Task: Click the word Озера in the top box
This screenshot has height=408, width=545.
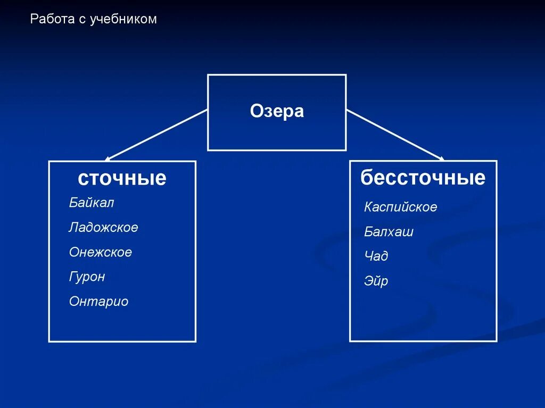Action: [277, 112]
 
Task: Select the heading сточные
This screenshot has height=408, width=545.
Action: [122, 178]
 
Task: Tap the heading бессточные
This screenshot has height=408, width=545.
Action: [423, 177]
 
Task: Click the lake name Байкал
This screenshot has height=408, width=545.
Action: [92, 203]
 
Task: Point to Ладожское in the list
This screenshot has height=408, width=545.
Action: [103, 228]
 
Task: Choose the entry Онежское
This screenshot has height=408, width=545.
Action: [100, 252]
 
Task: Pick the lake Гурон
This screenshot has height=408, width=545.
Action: [87, 277]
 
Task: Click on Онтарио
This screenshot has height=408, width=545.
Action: [98, 302]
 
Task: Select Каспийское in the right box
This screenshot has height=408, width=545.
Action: [400, 207]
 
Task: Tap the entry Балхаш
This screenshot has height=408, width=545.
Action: [389, 232]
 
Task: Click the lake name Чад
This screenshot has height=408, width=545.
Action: [376, 256]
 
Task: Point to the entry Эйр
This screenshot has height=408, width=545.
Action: [376, 281]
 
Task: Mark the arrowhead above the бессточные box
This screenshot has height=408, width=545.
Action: [441, 157]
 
